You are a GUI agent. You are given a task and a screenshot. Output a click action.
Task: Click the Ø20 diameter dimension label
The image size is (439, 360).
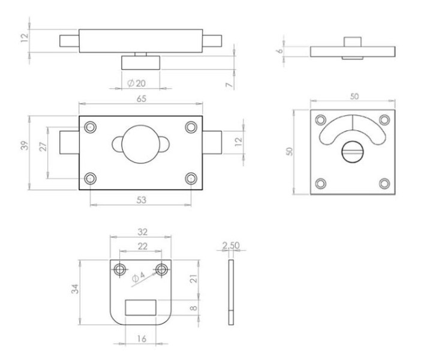pyautogui.click(x=136, y=83)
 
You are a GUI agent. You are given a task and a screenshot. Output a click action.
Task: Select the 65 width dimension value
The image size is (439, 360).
pyautogui.click(x=142, y=99)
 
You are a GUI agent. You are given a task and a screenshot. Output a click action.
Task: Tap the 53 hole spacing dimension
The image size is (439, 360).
pyautogui.click(x=142, y=200)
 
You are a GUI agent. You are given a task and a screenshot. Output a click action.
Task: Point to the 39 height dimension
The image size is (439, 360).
pyautogui.click(x=25, y=146)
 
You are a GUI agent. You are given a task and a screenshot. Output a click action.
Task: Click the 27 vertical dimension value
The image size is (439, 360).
pyautogui.click(x=43, y=146)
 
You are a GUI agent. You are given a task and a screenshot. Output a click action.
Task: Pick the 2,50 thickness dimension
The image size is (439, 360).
pyautogui.click(x=231, y=245)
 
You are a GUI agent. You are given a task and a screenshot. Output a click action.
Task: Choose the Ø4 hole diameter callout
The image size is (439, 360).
pyautogui.click(x=139, y=277)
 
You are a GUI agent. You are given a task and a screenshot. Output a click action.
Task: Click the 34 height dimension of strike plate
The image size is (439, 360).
pyautogui.click(x=75, y=289)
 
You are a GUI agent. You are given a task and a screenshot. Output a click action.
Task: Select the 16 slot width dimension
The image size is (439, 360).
pyautogui.click(x=142, y=339)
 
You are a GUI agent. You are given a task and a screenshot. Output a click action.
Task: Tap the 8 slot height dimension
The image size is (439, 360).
pyautogui.click(x=194, y=308)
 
